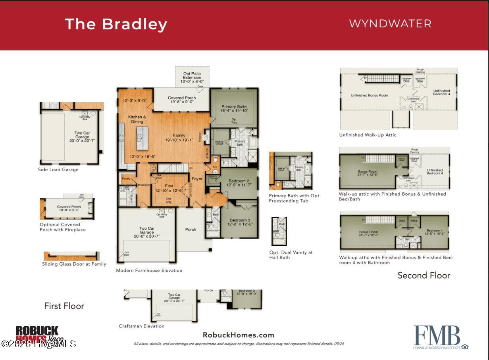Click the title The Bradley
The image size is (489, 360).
(x=116, y=24)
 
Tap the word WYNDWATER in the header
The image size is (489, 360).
(x=390, y=23)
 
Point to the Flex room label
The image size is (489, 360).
(x=169, y=186)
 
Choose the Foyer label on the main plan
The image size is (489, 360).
(x=197, y=179)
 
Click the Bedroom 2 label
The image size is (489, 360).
(x=239, y=181)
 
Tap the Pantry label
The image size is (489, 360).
(x=126, y=179)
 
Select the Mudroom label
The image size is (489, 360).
(x=144, y=185)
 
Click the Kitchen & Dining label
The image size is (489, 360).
(x=137, y=119)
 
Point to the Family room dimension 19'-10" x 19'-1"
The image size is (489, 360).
(x=179, y=140)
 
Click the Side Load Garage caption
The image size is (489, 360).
(x=58, y=169)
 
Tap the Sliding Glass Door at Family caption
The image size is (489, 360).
(x=74, y=264)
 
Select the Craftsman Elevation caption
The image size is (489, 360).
(x=141, y=326)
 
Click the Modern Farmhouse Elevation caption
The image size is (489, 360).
(x=149, y=270)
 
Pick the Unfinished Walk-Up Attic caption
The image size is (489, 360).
(x=368, y=135)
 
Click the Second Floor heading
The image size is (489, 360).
(x=424, y=275)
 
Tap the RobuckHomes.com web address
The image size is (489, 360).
(x=238, y=335)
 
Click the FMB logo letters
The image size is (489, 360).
(x=437, y=336)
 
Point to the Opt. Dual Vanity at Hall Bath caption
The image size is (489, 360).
(x=291, y=255)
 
